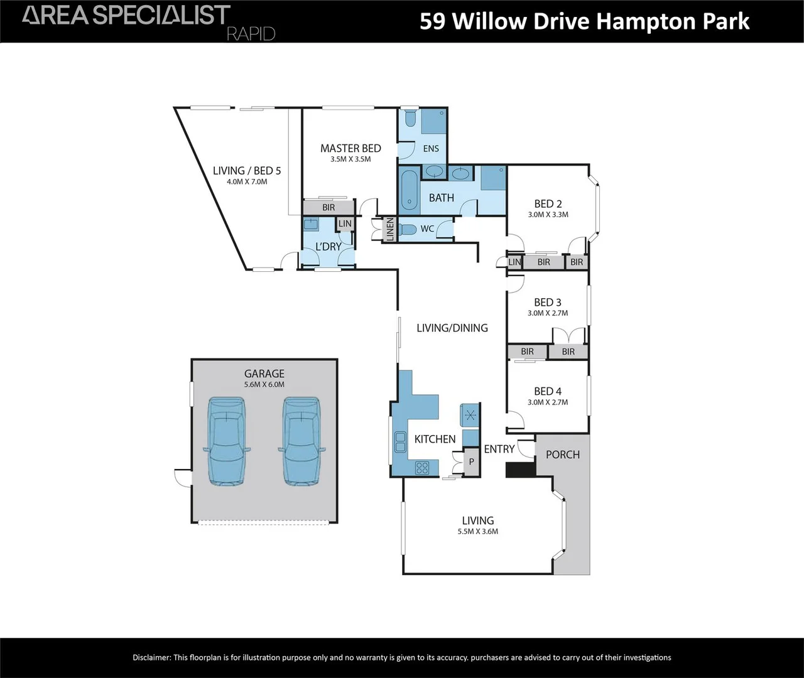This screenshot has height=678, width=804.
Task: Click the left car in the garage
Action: tap(227, 441)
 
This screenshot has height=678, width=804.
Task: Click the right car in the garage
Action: tap(303, 441)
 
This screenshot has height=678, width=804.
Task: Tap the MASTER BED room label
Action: tap(350, 148)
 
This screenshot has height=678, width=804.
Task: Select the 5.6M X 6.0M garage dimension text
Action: tap(264, 385)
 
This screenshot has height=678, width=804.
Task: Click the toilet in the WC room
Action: tap(408, 229)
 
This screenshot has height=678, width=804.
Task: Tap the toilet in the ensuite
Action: tap(410, 119)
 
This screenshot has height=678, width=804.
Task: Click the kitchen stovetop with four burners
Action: tap(422, 467)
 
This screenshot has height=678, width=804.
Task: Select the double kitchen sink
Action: tap(399, 441)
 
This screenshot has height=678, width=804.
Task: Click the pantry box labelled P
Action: tap(472, 462)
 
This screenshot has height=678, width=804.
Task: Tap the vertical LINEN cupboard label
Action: tap(389, 229)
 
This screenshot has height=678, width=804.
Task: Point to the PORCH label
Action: tap(563, 455)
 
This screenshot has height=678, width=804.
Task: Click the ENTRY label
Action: tap(499, 449)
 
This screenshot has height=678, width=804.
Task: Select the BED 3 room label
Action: tap(548, 303)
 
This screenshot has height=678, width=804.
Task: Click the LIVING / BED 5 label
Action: tap(247, 171)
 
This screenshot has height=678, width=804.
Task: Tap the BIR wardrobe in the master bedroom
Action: tap(329, 208)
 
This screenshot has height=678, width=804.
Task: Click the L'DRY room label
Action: tap(329, 247)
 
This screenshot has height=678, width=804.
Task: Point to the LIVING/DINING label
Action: tap(452, 328)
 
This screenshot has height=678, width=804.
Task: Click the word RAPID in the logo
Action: tap(251, 34)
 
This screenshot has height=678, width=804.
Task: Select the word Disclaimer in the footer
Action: tap(151, 658)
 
